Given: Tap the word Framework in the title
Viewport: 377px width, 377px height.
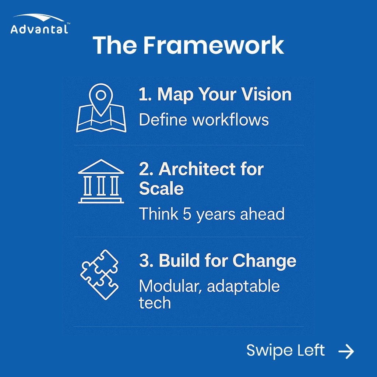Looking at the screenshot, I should (x=214, y=45).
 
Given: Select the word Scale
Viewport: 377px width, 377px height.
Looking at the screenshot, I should (x=161, y=188).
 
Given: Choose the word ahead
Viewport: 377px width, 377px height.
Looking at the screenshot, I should (x=262, y=214).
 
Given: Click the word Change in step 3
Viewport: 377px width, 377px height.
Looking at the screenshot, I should (x=264, y=261).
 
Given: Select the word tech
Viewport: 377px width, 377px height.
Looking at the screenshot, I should (x=155, y=303).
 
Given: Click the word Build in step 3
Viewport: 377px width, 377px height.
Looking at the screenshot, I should (x=176, y=261).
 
